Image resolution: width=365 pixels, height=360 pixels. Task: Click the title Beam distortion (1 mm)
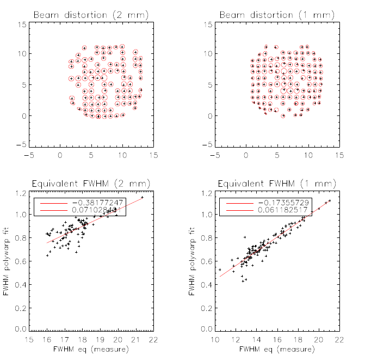point(277,15)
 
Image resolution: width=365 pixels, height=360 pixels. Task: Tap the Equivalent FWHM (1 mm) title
point(277,183)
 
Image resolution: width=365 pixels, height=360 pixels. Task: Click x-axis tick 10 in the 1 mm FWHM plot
point(216,339)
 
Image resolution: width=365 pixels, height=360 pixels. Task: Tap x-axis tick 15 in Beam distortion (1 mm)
point(339,155)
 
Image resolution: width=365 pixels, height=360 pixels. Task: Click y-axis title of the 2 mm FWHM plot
point(7,261)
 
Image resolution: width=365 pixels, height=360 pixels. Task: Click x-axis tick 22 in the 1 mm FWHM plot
point(339,339)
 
